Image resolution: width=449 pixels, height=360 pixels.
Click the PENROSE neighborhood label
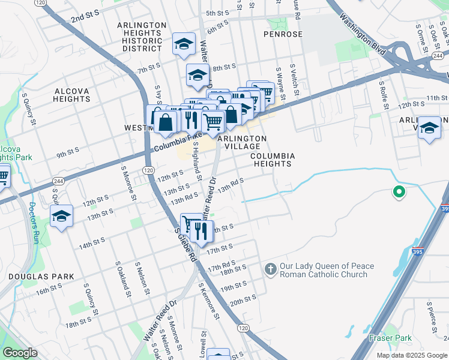[x=283, y=34]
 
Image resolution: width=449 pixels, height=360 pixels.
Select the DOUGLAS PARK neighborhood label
[x=41, y=277]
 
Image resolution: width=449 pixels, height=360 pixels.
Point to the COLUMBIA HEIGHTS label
[x=273, y=160]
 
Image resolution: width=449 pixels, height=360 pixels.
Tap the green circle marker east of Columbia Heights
[x=397, y=193]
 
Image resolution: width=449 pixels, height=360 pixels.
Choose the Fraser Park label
[x=390, y=338]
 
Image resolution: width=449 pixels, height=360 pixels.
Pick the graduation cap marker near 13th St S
[x=61, y=217]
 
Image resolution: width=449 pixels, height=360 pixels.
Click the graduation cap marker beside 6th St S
[x=184, y=43]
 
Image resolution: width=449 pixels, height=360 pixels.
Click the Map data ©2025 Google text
[x=411, y=355]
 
